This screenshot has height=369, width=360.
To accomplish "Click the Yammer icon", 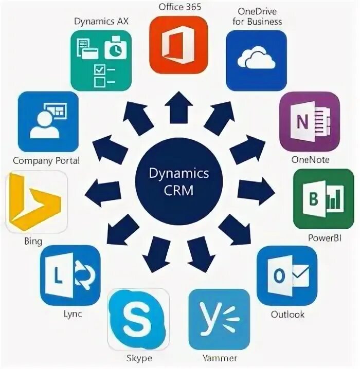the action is tap(219, 320).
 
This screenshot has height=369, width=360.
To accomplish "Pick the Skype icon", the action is tap(138, 319).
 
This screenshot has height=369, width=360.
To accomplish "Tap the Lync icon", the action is tap(70, 275).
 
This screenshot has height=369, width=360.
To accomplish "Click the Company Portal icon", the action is tap(48, 122).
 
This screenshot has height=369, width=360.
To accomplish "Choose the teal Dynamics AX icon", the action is tap(100, 60).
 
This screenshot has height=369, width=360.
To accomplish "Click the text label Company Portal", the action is tap(46, 160).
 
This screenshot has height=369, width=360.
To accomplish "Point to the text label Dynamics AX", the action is tap(101, 22).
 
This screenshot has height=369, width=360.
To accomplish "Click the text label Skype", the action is tap(139, 358).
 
